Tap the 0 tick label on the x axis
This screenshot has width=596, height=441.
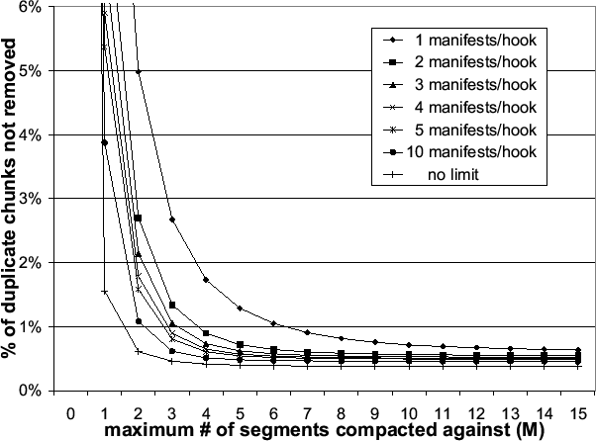point(70,410)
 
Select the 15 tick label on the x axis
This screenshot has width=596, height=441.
point(576,410)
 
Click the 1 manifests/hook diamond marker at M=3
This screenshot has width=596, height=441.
point(172,220)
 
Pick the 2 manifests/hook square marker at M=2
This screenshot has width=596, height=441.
point(139,218)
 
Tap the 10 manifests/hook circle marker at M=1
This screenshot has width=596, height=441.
point(104,142)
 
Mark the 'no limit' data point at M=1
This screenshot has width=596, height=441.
point(104,292)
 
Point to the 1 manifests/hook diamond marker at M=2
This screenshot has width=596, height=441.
point(139,72)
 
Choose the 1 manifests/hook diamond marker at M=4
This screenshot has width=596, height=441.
point(206,280)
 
